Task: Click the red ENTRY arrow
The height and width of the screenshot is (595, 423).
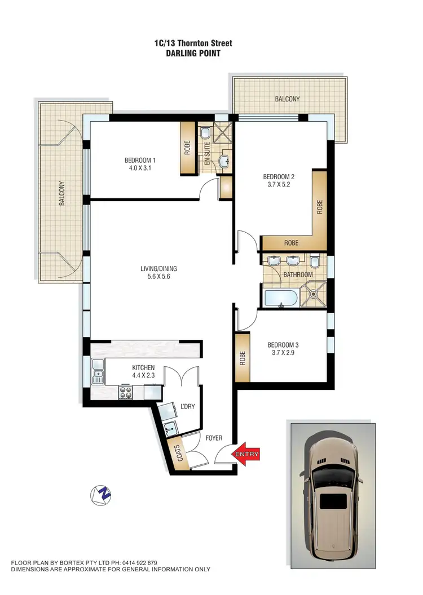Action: click(248, 454)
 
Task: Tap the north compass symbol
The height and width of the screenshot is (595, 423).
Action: click(101, 495)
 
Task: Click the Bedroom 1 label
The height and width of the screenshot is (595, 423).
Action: click(140, 160)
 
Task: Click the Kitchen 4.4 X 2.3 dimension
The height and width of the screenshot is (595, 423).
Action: click(143, 375)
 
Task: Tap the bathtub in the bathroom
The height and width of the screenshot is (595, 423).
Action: click(280, 297)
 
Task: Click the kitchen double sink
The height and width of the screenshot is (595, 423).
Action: click(97, 370)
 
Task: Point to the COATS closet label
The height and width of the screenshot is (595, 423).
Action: click(181, 455)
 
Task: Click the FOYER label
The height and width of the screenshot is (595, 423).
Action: click(214, 438)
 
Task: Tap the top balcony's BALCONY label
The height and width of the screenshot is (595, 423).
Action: click(287, 99)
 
